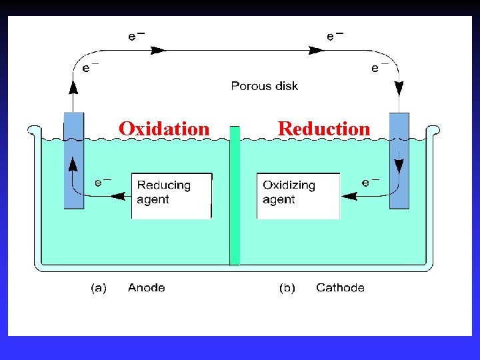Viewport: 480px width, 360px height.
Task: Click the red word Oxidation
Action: click(164, 128)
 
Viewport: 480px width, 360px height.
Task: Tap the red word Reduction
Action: click(323, 128)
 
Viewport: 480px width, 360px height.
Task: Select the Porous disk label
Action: click(264, 86)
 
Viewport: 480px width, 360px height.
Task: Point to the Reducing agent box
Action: click(171, 195)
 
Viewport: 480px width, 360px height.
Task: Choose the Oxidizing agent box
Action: click(298, 195)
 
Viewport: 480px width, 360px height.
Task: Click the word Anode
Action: click(146, 288)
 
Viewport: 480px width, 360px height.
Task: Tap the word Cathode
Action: click(340, 288)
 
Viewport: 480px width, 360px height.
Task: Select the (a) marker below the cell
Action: click(98, 288)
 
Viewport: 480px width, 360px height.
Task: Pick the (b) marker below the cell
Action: click(287, 288)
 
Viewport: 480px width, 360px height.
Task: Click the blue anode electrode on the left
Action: click(73, 160)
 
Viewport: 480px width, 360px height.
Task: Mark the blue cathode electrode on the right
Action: click(399, 160)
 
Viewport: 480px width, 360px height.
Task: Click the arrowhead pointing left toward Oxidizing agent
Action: click(347, 196)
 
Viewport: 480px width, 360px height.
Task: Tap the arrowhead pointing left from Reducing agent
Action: click(119, 196)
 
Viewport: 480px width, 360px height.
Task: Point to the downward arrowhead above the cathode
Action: click(399, 88)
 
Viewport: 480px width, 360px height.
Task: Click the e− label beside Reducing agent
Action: click(103, 181)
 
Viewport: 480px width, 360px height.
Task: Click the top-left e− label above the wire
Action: click(136, 37)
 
